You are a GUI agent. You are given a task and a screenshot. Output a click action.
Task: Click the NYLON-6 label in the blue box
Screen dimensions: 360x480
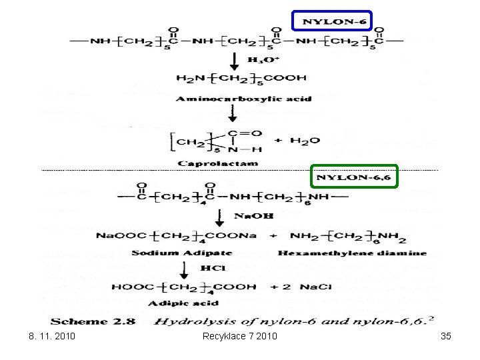tap(331, 21)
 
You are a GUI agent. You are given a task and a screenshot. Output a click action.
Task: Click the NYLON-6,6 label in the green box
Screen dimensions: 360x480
tap(354, 177)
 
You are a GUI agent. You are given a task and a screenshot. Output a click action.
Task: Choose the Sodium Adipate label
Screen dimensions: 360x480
tap(172, 253)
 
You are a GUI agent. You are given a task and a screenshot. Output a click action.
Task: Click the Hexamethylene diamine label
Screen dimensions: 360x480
tap(352, 253)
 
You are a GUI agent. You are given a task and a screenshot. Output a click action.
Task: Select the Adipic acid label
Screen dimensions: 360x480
tap(192, 303)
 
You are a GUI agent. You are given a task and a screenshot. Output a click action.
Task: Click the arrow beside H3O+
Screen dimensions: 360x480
tap(234, 61)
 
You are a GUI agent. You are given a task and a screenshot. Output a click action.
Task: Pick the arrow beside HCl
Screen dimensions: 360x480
tap(184, 268)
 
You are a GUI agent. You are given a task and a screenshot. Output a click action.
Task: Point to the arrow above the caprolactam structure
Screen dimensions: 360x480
tap(231, 113)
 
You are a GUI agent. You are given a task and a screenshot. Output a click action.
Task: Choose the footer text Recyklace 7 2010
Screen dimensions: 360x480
tap(239, 336)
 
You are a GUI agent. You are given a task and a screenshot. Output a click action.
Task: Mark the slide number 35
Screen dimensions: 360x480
tap(446, 336)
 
